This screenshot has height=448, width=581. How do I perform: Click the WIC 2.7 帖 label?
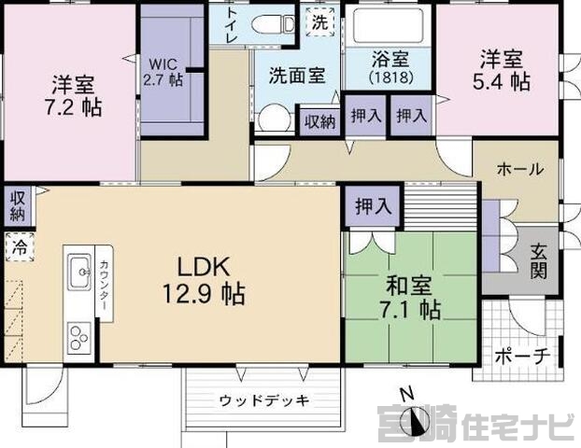pyautogui.click(x=163, y=72)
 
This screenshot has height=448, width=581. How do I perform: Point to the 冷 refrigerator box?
pyautogui.click(x=19, y=247)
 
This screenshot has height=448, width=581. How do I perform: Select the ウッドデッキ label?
pyautogui.click(x=264, y=400)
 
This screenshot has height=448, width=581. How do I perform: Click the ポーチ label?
pyautogui.click(x=524, y=357)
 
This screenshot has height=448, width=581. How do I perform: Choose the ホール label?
pyautogui.click(x=519, y=169)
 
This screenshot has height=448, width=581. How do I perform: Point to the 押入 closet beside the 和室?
pyautogui.click(x=371, y=205)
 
